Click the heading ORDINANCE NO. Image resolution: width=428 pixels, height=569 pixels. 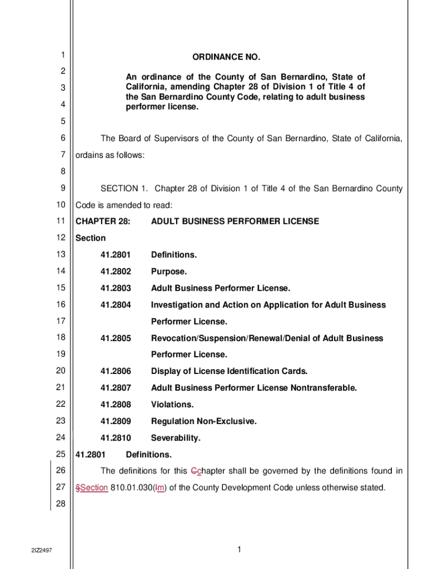pyautogui.click(x=226, y=58)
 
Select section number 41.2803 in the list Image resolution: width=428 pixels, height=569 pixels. pyautogui.click(x=116, y=288)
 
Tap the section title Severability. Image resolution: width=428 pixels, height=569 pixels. pyautogui.click(x=175, y=438)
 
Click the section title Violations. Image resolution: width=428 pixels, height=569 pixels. pyautogui.click(x=172, y=405)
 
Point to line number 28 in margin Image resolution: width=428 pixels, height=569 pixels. pyautogui.click(x=61, y=504)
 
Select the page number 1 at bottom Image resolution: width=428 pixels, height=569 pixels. pyautogui.click(x=238, y=550)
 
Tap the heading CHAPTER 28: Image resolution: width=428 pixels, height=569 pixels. pyautogui.click(x=103, y=222)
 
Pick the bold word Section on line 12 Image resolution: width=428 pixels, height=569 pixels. pyautogui.click(x=91, y=238)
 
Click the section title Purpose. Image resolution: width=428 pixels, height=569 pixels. pyautogui.click(x=169, y=272)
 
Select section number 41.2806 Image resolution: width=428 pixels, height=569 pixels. pyautogui.click(x=116, y=371)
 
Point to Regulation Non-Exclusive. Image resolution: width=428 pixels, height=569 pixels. pyautogui.click(x=203, y=421)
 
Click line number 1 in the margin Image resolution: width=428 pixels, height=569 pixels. pyautogui.click(x=63, y=54)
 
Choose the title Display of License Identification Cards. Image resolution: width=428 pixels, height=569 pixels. pyautogui.click(x=229, y=371)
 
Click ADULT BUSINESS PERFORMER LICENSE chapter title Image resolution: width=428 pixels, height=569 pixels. pyautogui.click(x=235, y=222)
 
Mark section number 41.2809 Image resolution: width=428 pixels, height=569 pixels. pyautogui.click(x=116, y=421)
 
